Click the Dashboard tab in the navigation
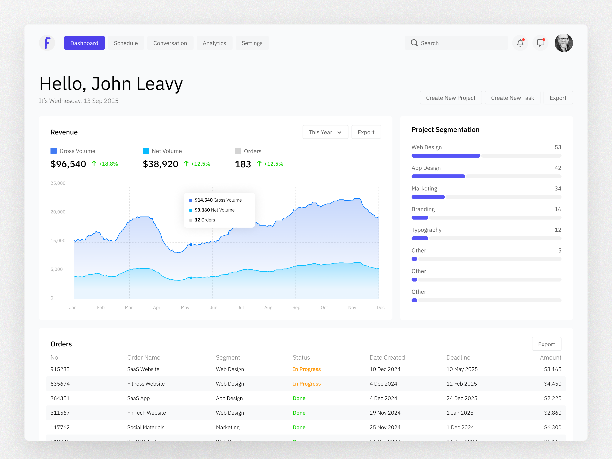tap(84, 43)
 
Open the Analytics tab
tap(214, 43)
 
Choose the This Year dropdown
tap(325, 132)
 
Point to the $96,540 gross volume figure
tap(68, 164)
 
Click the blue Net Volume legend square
tap(146, 151)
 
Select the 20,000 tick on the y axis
tap(58, 212)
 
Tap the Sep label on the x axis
tap(296, 307)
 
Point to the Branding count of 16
tap(558, 209)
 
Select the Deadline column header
tap(458, 357)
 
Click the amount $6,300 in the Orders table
tap(553, 427)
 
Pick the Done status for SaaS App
tap(299, 398)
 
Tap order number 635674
tap(60, 384)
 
